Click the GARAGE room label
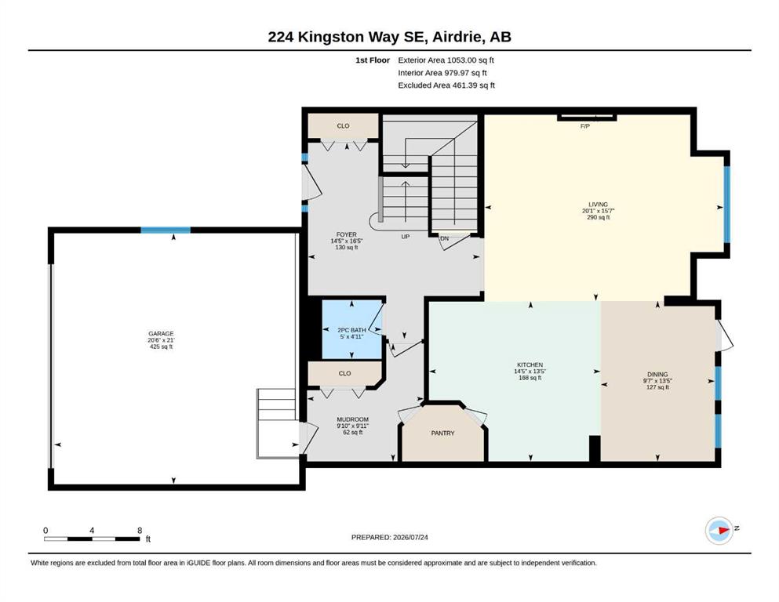click(x=161, y=334)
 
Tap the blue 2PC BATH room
click(x=351, y=329)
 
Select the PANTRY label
click(x=442, y=433)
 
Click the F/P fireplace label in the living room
click(x=584, y=126)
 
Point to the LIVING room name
click(x=598, y=205)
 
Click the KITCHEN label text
click(x=530, y=364)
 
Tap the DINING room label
click(x=657, y=374)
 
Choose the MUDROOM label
click(x=353, y=419)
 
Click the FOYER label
click(x=346, y=234)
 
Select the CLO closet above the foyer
click(x=344, y=126)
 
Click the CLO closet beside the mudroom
click(x=345, y=373)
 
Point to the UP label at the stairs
click(x=406, y=237)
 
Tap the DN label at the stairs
click(x=444, y=239)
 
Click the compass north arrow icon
click(x=719, y=531)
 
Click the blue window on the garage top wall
click(x=166, y=230)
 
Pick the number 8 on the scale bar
click(x=140, y=531)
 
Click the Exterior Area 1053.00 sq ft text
click(x=446, y=60)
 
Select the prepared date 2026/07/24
click(x=410, y=537)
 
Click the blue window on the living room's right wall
click(x=726, y=205)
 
